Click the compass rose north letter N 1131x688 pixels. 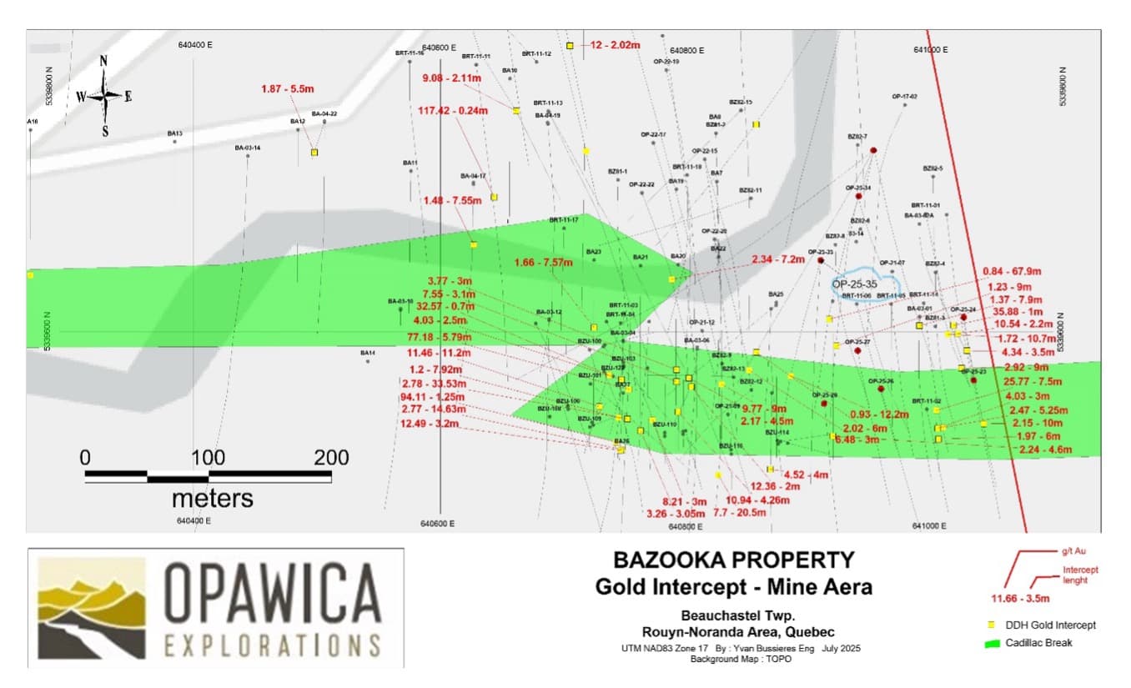point(103,60)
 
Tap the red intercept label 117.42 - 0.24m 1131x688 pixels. point(453,110)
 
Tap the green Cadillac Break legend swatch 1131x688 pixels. point(993,643)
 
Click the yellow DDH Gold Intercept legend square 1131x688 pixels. point(992,625)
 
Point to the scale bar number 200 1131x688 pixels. point(331,458)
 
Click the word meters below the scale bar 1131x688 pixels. point(212,499)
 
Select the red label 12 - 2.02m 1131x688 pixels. point(616,45)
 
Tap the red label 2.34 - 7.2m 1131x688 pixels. point(778,260)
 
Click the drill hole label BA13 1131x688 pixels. point(174,133)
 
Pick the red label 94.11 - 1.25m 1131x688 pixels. point(432,397)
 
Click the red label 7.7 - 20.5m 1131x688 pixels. point(740,513)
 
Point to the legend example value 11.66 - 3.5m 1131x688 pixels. point(1019,598)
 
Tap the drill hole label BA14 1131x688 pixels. point(368,353)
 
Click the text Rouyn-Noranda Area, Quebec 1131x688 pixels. point(735,631)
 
